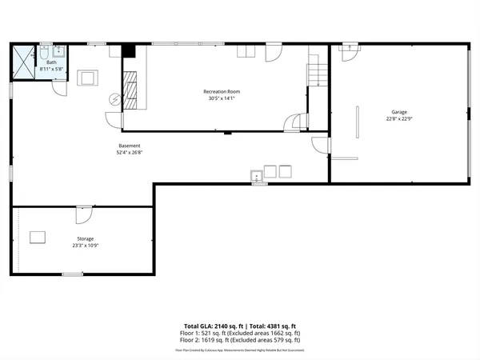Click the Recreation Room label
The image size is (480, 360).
coord(222,92)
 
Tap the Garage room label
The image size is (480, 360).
coord(399,111)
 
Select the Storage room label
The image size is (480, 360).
coord(85,238)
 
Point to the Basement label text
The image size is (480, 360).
coord(130,146)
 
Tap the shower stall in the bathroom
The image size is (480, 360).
coord(22,62)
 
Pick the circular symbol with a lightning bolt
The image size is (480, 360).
coord(115,100)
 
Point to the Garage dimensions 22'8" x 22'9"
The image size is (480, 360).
coord(399,119)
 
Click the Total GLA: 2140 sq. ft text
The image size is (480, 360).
coord(213,326)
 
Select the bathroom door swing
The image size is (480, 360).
coord(58,89)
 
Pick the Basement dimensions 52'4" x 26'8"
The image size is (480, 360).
coord(130,153)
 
